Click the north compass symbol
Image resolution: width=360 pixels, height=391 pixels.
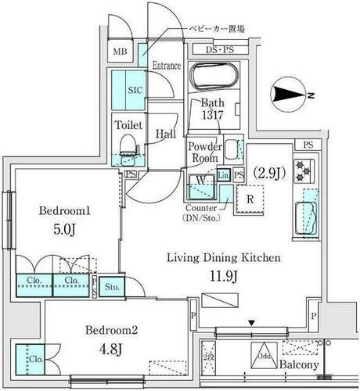point(290,96)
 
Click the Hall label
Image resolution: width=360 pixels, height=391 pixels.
point(165,133)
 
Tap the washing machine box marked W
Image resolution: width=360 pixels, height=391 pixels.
point(201,180)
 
